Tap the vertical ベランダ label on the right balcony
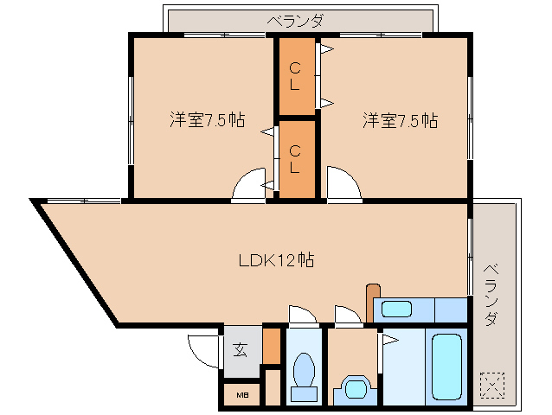(491, 293)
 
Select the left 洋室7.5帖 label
(206, 120)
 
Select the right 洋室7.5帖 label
(399, 120)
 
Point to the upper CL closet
(295, 76)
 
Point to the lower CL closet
(295, 159)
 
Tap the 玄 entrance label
(240, 350)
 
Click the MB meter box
(239, 396)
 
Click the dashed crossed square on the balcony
(491, 384)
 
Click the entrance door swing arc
(204, 350)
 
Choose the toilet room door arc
(303, 316)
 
